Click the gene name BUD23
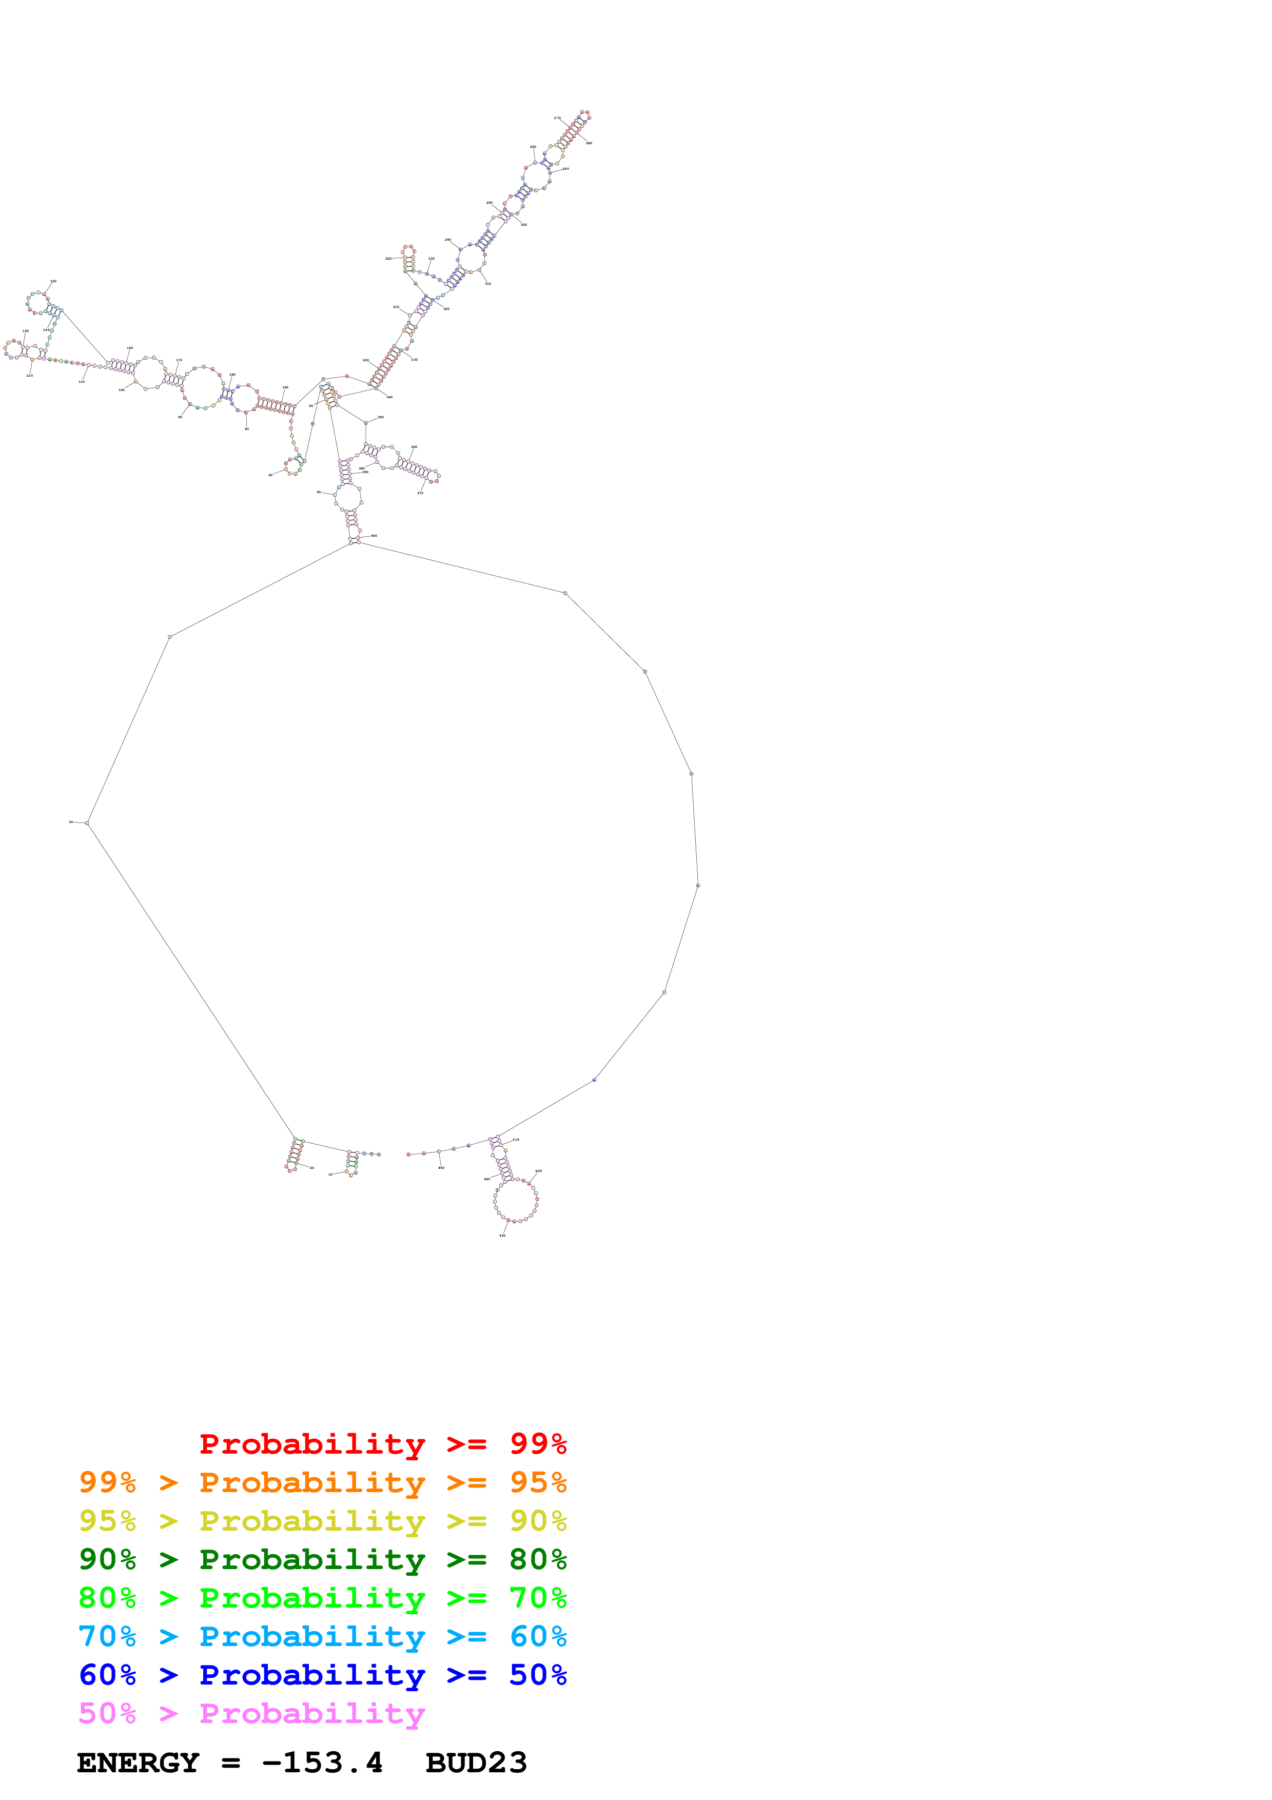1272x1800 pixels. click(x=476, y=1763)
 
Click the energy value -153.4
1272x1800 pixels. click(x=322, y=1763)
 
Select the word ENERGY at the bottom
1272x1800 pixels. click(x=138, y=1763)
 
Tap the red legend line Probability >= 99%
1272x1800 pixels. click(x=382, y=1444)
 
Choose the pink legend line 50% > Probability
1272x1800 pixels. click(x=251, y=1714)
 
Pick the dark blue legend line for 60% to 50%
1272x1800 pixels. click(x=322, y=1675)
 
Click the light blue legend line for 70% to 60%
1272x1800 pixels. click(x=322, y=1637)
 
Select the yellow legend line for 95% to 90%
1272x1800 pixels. click(x=322, y=1521)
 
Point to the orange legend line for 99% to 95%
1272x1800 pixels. click(x=322, y=1482)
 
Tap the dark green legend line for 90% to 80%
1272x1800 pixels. click(x=322, y=1559)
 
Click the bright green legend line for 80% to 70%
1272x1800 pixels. click(x=322, y=1598)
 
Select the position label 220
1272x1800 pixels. click(x=388, y=258)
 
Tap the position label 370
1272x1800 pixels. click(x=420, y=493)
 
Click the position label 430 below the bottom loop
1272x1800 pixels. click(x=502, y=1236)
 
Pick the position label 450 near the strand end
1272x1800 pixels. click(x=441, y=1168)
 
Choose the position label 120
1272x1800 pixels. click(x=30, y=376)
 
